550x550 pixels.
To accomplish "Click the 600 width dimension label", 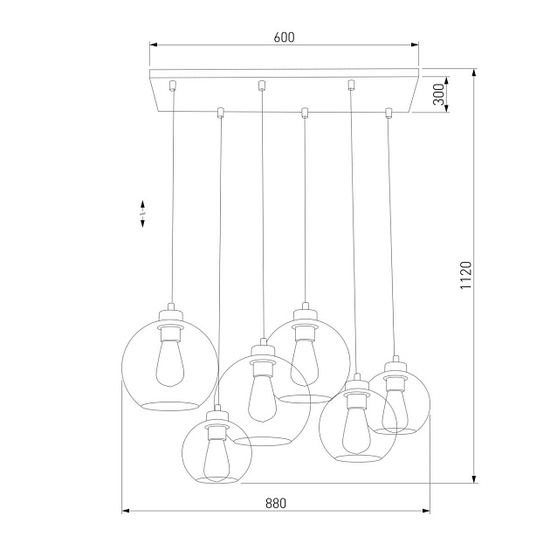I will point(284,38).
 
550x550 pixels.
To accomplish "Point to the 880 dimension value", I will point(276,504).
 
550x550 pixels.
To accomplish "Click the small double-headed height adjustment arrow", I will point(142,213).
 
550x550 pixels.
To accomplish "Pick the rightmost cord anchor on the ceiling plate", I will point(388,112).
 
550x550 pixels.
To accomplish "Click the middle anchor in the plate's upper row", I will point(261,85).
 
